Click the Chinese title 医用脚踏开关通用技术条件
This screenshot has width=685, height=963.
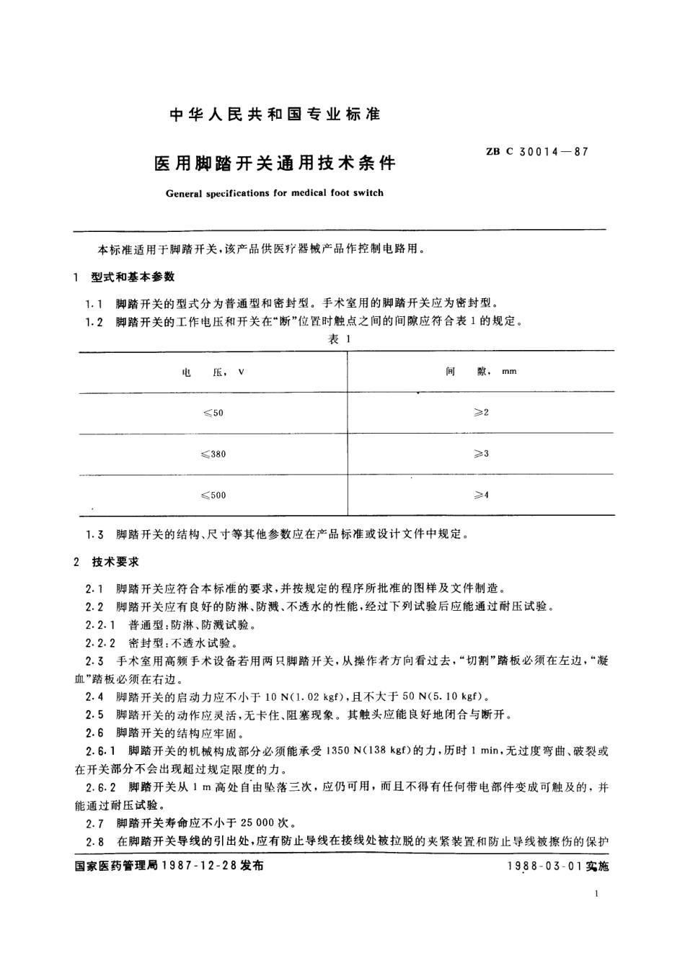pos(275,163)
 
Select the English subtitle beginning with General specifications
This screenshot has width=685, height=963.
pos(274,193)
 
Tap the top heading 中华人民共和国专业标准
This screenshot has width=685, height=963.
pos(275,115)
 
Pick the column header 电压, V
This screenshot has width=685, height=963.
pos(213,372)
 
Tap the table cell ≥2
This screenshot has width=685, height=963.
pos(481,413)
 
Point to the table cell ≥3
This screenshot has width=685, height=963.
pos(481,454)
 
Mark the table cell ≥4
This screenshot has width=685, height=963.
pos(481,496)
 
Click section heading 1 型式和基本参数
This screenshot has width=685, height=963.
pos(127,277)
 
